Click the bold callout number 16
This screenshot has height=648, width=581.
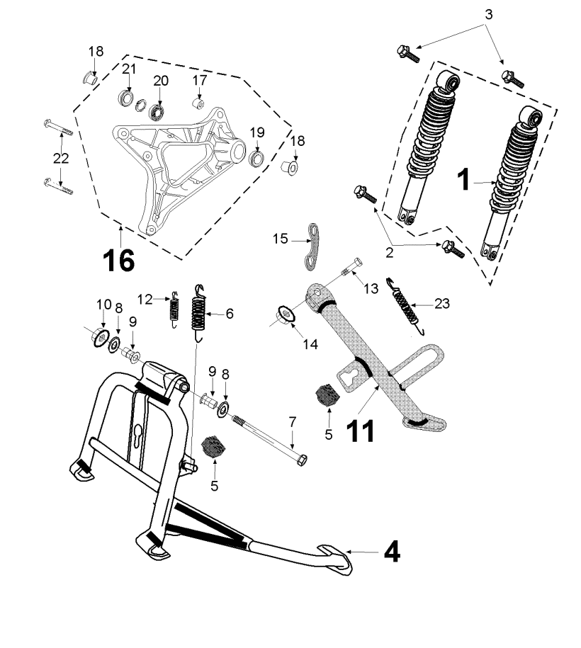pos(118,260)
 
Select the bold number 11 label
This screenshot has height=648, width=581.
pos(362,429)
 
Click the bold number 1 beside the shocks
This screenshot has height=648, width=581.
pos(463,181)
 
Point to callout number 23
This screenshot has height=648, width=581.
pos(443,305)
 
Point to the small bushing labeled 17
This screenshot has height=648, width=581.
pos(199,106)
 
